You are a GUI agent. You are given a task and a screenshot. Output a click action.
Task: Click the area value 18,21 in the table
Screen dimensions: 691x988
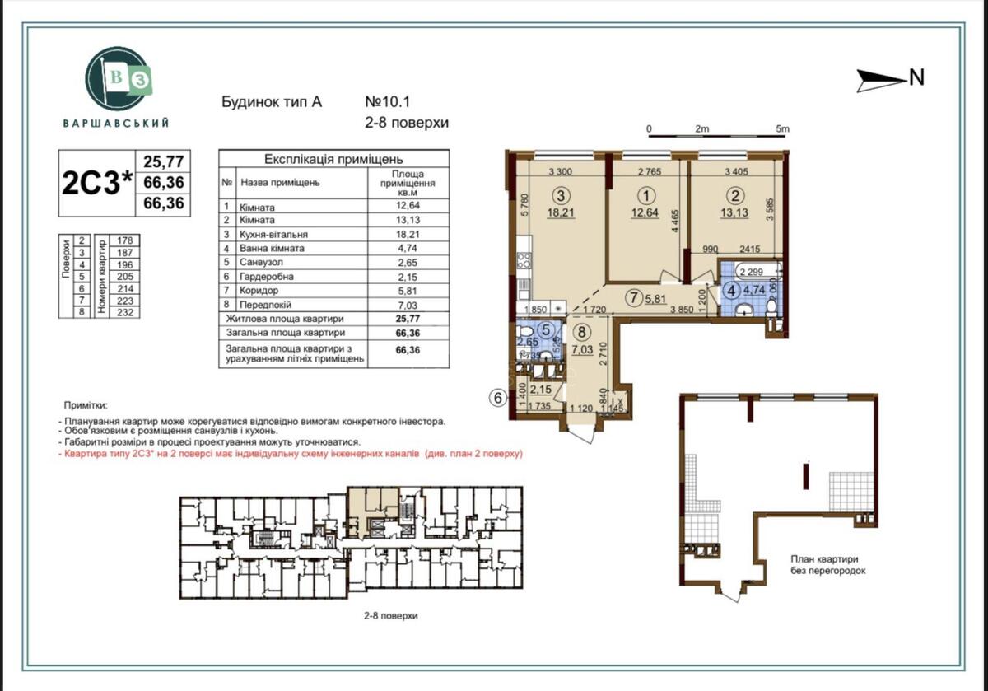tap(409, 233)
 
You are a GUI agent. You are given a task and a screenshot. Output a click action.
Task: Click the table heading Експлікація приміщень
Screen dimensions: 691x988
tap(333, 159)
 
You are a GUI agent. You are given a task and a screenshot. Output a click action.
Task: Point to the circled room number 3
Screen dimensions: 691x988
tap(561, 196)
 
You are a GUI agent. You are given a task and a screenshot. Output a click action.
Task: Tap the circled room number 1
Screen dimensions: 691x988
tap(647, 196)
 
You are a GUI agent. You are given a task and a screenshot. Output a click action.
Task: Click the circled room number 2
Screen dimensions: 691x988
tap(735, 196)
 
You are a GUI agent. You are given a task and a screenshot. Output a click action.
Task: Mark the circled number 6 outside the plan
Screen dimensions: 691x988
tap(496, 397)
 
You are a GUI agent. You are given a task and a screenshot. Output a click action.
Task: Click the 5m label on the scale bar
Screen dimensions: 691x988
tap(781, 128)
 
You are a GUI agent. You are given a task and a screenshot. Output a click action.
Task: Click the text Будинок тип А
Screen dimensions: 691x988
tap(271, 103)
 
